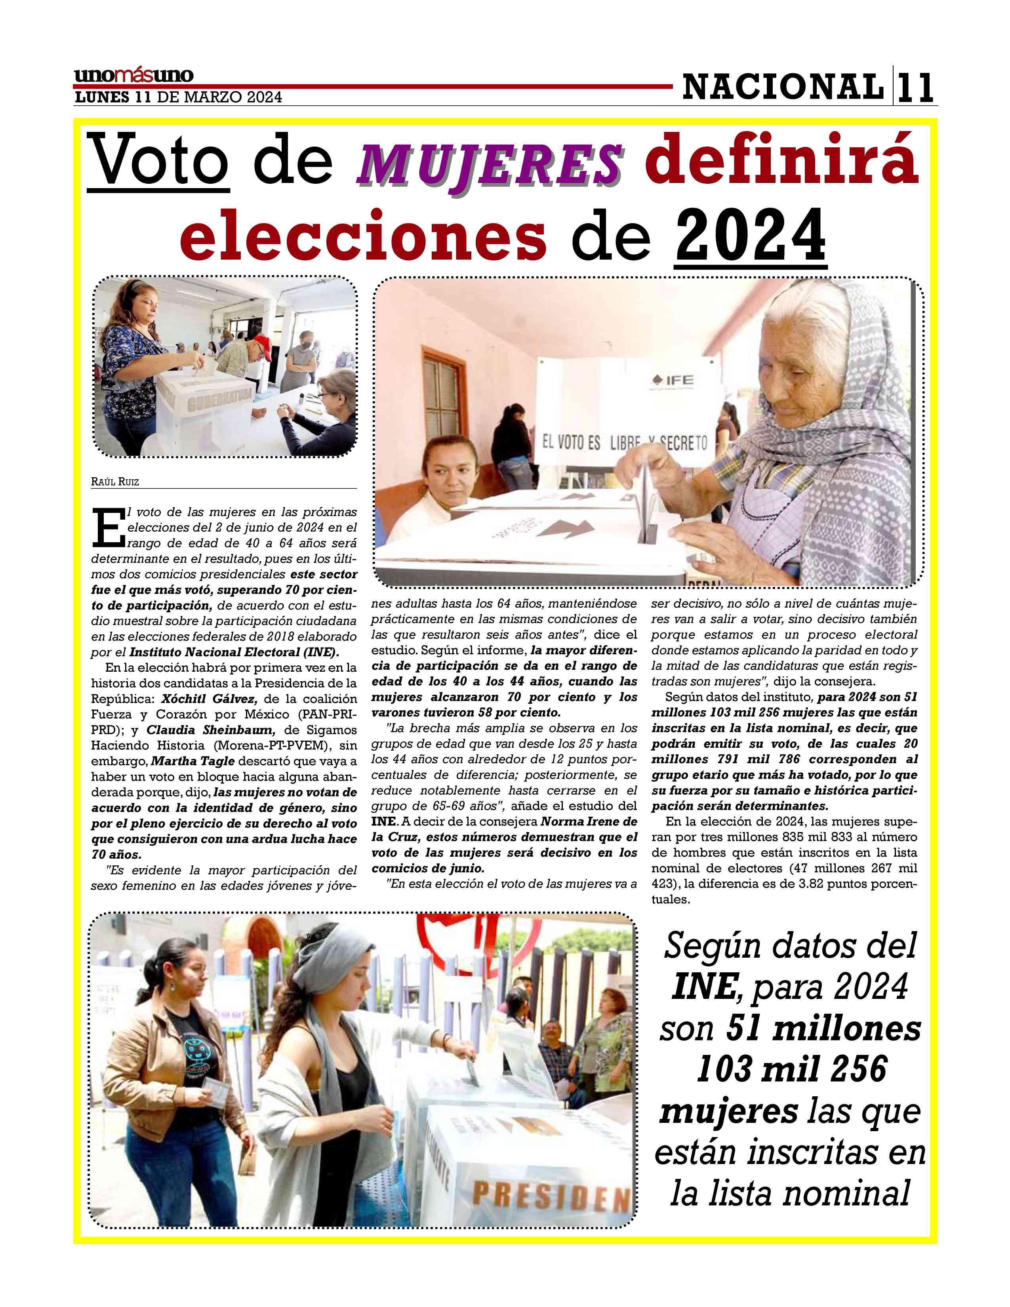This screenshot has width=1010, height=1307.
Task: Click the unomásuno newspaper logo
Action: coord(133,76)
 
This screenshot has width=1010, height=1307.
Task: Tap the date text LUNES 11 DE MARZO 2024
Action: coord(178,97)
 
